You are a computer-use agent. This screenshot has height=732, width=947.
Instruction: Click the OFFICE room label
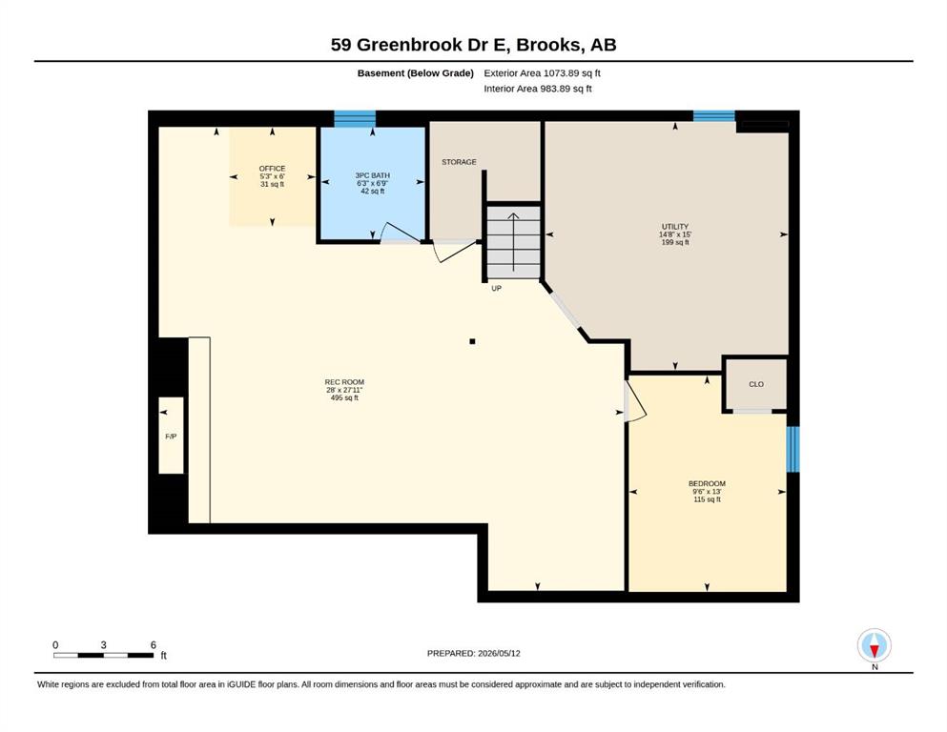273,169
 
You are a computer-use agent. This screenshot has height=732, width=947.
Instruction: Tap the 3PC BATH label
373,175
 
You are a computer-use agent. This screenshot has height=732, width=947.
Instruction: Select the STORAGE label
459,162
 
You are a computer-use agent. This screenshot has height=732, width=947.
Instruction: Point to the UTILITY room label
675,227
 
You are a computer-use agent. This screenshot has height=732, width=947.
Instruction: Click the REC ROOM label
344,382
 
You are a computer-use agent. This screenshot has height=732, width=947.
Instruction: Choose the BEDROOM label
708,484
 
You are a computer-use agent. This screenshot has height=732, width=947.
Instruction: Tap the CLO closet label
756,384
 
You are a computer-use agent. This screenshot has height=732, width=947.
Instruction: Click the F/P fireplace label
171,437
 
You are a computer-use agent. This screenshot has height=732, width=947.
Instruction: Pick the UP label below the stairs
497,289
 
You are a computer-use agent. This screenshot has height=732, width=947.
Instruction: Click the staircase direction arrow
513,242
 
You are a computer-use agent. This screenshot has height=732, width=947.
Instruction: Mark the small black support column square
472,341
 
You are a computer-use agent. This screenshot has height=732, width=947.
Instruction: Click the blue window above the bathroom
355,118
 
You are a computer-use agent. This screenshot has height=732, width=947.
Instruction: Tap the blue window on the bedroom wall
793,450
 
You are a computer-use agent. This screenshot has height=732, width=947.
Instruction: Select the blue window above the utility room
714,116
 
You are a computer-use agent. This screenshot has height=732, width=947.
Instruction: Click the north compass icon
875,645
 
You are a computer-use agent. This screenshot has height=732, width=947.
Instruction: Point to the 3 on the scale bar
104,645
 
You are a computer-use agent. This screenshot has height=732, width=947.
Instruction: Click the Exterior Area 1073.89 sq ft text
543,73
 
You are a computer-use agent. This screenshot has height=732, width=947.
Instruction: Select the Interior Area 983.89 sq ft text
538,89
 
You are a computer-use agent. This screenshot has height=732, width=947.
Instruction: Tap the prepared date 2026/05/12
499,654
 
